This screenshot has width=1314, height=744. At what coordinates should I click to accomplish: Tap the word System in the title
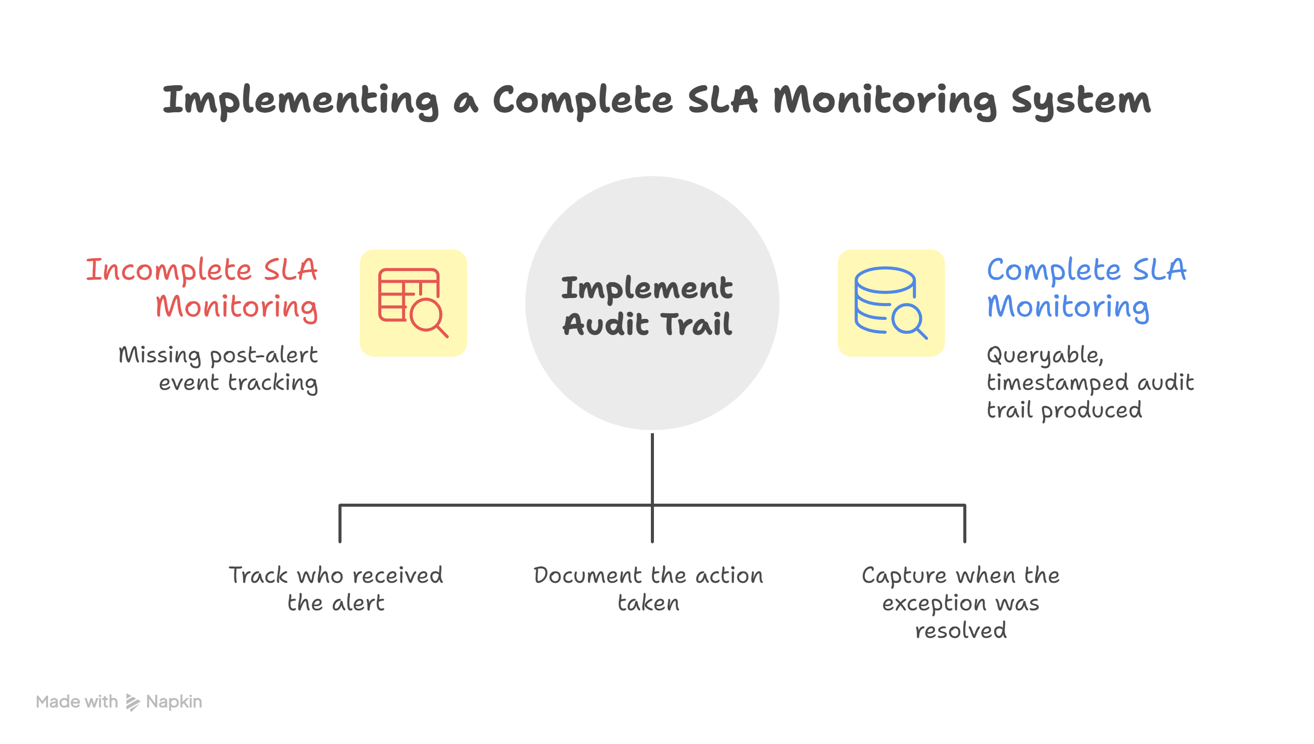1080,101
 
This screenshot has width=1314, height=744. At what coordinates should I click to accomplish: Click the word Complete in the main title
582,101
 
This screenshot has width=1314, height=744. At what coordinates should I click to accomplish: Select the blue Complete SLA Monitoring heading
1085,288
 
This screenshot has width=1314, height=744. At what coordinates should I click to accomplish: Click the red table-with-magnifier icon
413,303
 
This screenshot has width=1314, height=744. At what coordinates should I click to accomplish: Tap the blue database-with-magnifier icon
891,303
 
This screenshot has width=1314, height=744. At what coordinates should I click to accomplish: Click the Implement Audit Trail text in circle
647,306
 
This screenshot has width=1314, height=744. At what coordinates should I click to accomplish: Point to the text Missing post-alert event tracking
218,368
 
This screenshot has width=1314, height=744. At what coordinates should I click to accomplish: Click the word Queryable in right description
1044,355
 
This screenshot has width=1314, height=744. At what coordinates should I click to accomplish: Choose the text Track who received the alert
336,589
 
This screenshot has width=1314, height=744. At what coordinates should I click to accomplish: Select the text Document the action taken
648,589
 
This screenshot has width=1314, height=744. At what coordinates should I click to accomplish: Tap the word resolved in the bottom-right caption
960,630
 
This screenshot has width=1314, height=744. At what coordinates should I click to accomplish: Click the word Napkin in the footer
174,702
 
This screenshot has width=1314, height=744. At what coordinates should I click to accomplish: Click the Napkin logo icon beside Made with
132,703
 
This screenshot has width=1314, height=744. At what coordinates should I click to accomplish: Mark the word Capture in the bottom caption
904,576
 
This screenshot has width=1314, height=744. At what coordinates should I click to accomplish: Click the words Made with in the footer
77,702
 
